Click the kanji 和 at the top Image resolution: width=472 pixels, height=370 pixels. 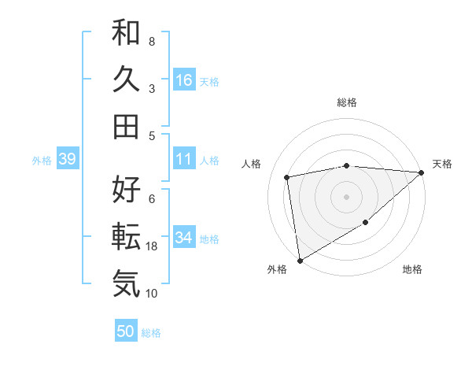126,33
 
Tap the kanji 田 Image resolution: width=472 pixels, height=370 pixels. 126,126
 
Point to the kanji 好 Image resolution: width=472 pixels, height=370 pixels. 126,189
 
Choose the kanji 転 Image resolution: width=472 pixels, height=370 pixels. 126,235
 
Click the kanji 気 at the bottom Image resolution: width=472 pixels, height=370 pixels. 126,283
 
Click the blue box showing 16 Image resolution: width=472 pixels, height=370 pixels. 183,80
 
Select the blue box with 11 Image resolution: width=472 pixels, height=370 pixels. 183,159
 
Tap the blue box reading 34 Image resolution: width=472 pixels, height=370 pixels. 183,239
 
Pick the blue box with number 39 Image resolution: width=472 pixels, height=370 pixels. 67,159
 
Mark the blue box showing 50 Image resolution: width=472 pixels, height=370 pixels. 125,331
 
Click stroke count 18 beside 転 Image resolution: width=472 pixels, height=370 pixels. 153,246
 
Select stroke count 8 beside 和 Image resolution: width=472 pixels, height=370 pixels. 151,41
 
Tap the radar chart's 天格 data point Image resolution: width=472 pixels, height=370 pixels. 422,172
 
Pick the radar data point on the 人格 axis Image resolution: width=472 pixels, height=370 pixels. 287,177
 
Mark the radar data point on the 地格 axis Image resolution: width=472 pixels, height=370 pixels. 366,224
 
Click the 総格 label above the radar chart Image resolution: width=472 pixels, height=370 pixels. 346,102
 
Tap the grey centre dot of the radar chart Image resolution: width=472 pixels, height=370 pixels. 346,196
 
